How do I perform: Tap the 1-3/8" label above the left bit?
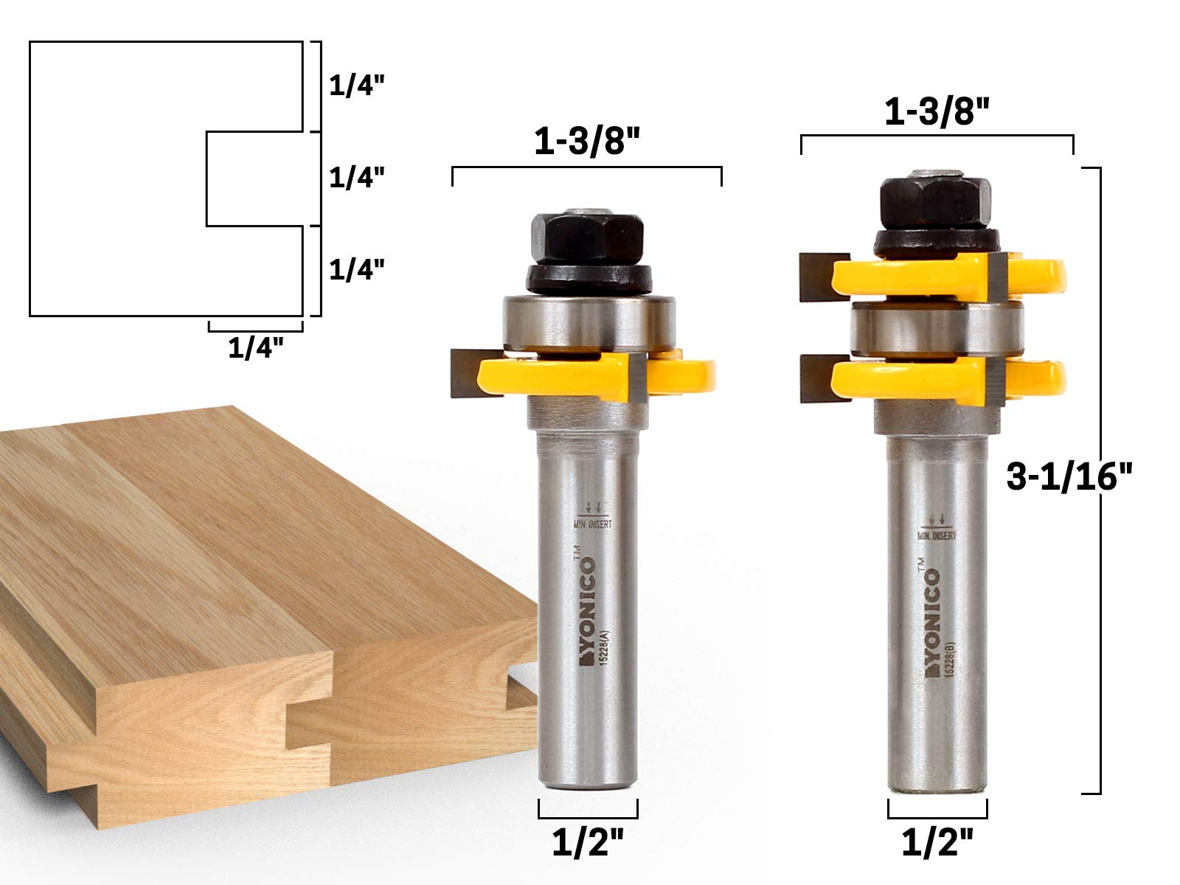(x=587, y=143)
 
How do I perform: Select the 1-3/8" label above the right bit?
(x=936, y=112)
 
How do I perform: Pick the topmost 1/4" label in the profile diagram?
(x=357, y=86)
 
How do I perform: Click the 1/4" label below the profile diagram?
(x=255, y=348)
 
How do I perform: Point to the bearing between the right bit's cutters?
(x=937, y=329)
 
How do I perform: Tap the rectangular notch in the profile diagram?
(x=254, y=178)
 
